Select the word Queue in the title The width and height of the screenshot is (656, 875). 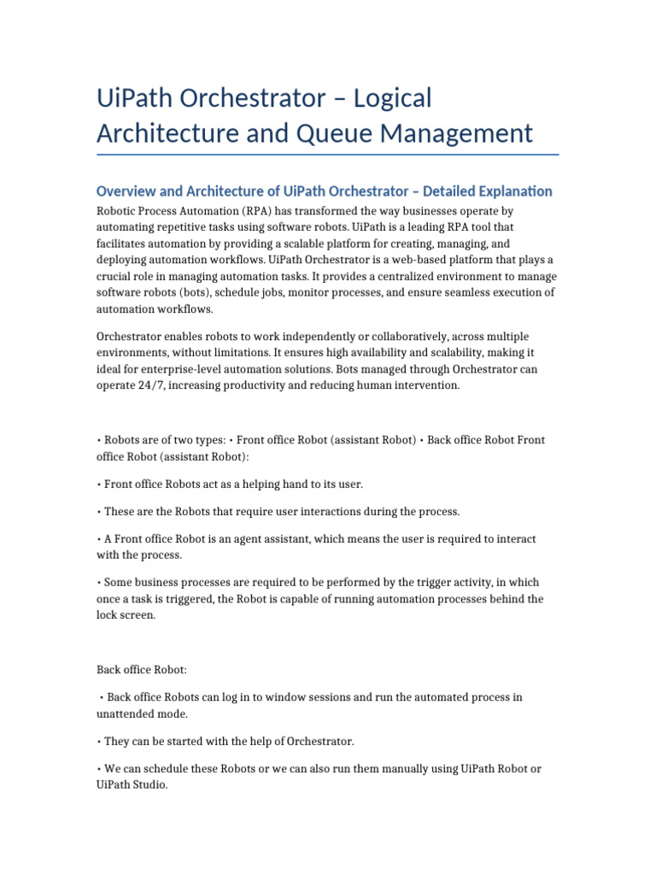[x=386, y=133]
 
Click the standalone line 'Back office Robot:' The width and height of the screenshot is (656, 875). [x=142, y=670]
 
